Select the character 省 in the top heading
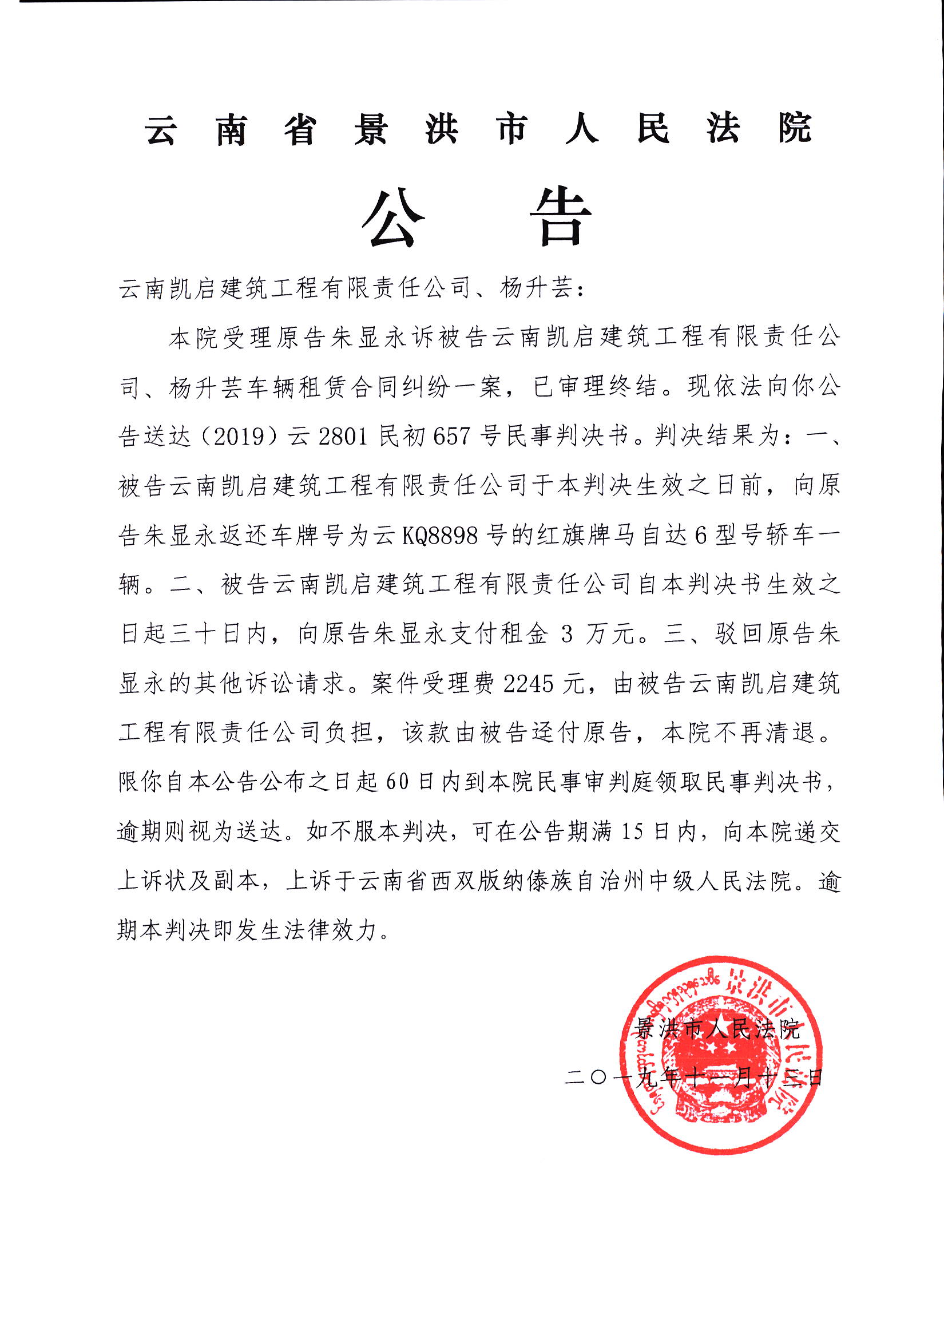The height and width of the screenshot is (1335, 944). tap(300, 129)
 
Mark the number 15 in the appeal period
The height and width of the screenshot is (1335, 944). tap(634, 832)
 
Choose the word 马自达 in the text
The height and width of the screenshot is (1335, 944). tap(648, 535)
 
